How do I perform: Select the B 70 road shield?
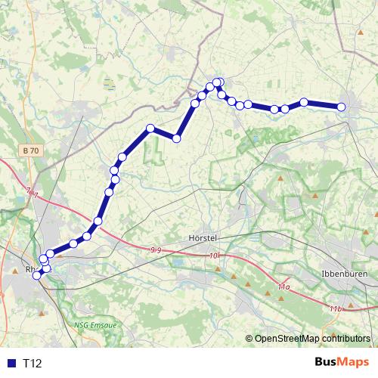point(30,151)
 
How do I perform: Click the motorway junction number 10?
point(214,257)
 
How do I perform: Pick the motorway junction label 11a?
point(283,287)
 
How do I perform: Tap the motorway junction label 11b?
point(336,309)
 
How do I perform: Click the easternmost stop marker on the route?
point(341,107)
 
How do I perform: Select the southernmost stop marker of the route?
point(36,275)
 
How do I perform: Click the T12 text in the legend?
point(33,364)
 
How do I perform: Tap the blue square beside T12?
point(10,364)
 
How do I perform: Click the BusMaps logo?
point(342,363)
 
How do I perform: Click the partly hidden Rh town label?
point(29,268)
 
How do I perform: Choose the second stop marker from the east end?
point(304,102)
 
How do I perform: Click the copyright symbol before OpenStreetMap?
point(249,339)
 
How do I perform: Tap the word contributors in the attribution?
point(345,339)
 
